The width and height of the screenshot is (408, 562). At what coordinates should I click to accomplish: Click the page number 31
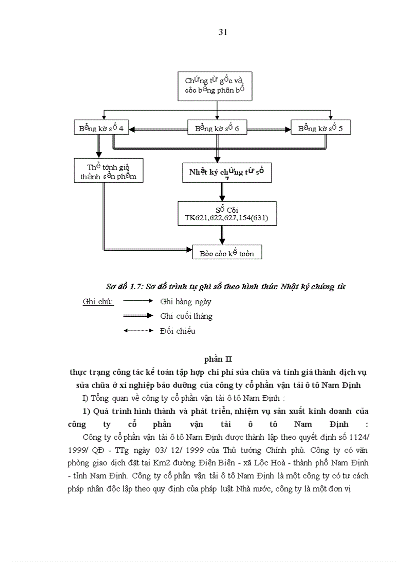[x=223, y=33]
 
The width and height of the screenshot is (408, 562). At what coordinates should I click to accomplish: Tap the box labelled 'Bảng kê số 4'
[x=101, y=128]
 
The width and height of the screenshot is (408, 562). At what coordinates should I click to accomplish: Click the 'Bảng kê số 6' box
[x=217, y=128]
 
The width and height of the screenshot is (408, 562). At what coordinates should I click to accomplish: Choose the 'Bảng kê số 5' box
[x=321, y=128]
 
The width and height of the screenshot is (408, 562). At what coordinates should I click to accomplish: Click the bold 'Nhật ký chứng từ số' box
[x=226, y=173]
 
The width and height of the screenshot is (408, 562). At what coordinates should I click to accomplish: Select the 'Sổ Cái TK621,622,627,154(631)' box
[x=226, y=214]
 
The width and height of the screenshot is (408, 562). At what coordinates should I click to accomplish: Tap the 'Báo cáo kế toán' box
[x=226, y=253]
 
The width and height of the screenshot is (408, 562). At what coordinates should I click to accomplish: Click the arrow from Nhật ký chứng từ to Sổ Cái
[x=222, y=191]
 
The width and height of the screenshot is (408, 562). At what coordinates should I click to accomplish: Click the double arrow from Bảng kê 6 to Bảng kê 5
[x=268, y=130]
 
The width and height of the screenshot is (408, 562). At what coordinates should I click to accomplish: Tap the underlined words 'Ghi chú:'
[x=98, y=302]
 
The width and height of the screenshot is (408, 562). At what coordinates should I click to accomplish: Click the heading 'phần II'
[x=218, y=359]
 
